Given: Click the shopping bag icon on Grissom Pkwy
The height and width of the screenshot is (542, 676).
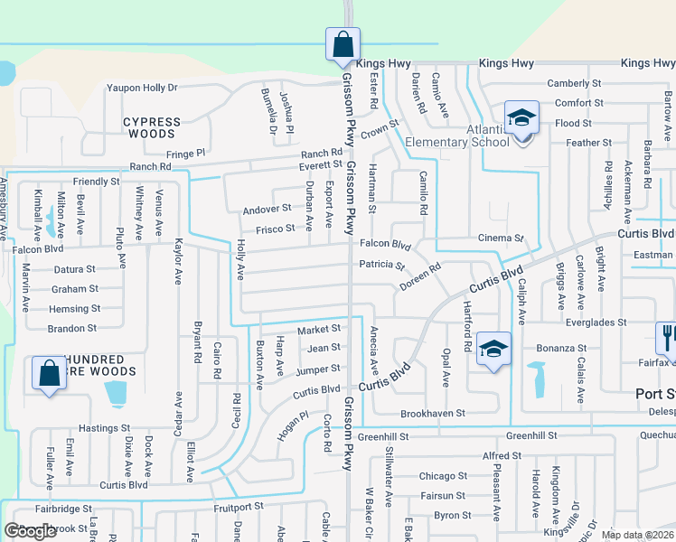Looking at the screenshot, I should point(343,44).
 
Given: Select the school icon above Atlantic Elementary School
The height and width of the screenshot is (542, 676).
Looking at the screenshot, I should point(521,118).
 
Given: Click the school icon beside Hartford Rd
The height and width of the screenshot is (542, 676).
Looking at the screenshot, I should point(493,349).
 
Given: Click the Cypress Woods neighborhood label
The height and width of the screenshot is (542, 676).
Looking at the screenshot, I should point(153,127).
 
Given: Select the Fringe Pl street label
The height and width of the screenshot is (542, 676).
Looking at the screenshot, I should point(186,154).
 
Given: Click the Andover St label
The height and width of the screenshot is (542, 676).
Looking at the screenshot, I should point(267,209).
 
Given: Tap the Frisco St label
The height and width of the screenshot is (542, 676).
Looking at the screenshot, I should point(276,229).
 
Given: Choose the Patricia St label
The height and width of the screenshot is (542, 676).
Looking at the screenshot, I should point(381,266).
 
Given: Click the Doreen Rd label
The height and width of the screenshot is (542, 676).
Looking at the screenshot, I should point(419,277).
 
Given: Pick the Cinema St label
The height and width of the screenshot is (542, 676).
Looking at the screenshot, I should point(501,238).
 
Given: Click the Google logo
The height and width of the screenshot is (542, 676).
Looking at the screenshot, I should point(31,531).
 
